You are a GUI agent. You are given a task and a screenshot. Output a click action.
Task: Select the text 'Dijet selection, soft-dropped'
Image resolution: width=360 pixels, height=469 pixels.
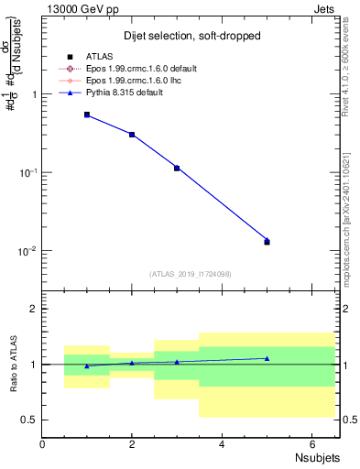click(190, 37)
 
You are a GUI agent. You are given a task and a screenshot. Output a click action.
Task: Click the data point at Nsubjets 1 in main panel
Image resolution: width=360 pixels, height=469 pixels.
click(87, 115)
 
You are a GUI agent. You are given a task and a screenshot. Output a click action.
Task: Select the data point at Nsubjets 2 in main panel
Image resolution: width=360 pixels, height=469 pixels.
click(132, 135)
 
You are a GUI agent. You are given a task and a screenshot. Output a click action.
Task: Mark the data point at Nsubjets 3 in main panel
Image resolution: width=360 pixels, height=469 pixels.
click(177, 168)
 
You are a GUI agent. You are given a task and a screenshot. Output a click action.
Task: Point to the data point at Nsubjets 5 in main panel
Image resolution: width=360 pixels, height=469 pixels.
click(267, 241)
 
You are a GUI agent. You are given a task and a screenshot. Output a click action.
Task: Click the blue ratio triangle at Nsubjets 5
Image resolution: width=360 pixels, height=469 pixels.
click(267, 358)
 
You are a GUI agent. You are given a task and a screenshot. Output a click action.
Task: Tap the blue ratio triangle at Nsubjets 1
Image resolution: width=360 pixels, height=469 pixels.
click(87, 365)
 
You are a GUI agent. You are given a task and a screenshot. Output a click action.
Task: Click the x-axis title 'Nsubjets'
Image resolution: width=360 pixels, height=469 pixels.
click(317, 457)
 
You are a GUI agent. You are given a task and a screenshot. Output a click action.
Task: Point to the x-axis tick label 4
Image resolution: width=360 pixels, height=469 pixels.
click(222, 443)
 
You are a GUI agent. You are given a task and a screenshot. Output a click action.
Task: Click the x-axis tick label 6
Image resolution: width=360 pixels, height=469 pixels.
click(311, 443)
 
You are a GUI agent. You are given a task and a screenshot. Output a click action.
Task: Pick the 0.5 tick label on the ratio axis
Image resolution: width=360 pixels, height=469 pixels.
click(30, 420)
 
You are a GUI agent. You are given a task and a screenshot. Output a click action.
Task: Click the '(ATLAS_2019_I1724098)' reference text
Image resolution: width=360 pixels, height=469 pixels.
click(190, 273)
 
